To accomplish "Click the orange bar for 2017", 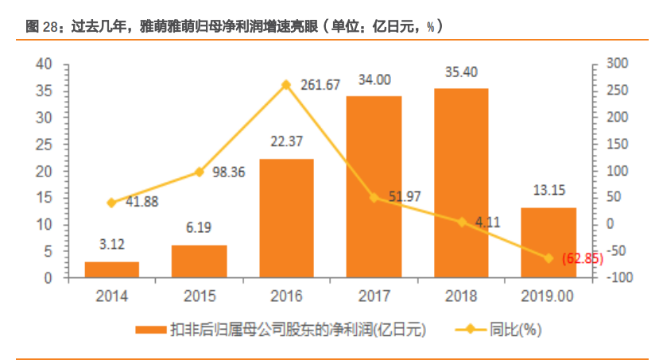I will (374, 187).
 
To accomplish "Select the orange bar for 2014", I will (112, 269).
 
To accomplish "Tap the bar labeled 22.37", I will (286, 219).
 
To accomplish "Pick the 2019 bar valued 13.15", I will (548, 242).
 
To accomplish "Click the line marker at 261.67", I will (286, 84).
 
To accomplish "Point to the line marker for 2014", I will (112, 203).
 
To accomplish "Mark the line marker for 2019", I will (548, 258).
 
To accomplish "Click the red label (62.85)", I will (582, 259).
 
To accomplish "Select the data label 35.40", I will (461, 72).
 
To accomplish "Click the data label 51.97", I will (404, 196).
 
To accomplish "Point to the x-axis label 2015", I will (200, 296).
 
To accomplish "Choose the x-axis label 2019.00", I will (548, 296).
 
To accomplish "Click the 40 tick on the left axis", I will (45, 64).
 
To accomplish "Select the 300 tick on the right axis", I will (616, 64).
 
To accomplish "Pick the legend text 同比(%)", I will (517, 330).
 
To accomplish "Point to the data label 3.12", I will (112, 246).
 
